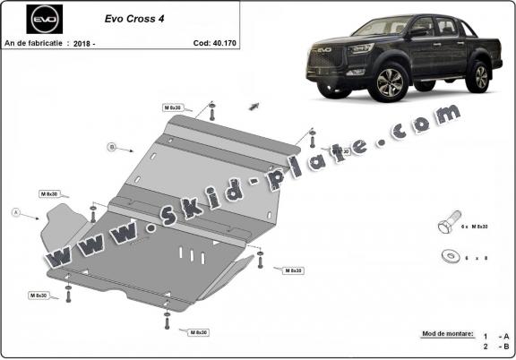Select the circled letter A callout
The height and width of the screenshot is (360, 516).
(x=15, y=212)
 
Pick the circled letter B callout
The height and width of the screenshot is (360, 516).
(x=112, y=146)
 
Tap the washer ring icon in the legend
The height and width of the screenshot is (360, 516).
(x=447, y=256)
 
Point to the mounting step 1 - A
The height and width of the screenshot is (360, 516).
(x=491, y=334)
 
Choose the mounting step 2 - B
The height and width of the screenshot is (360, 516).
(x=491, y=346)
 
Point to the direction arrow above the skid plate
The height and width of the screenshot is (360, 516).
(x=254, y=106)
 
